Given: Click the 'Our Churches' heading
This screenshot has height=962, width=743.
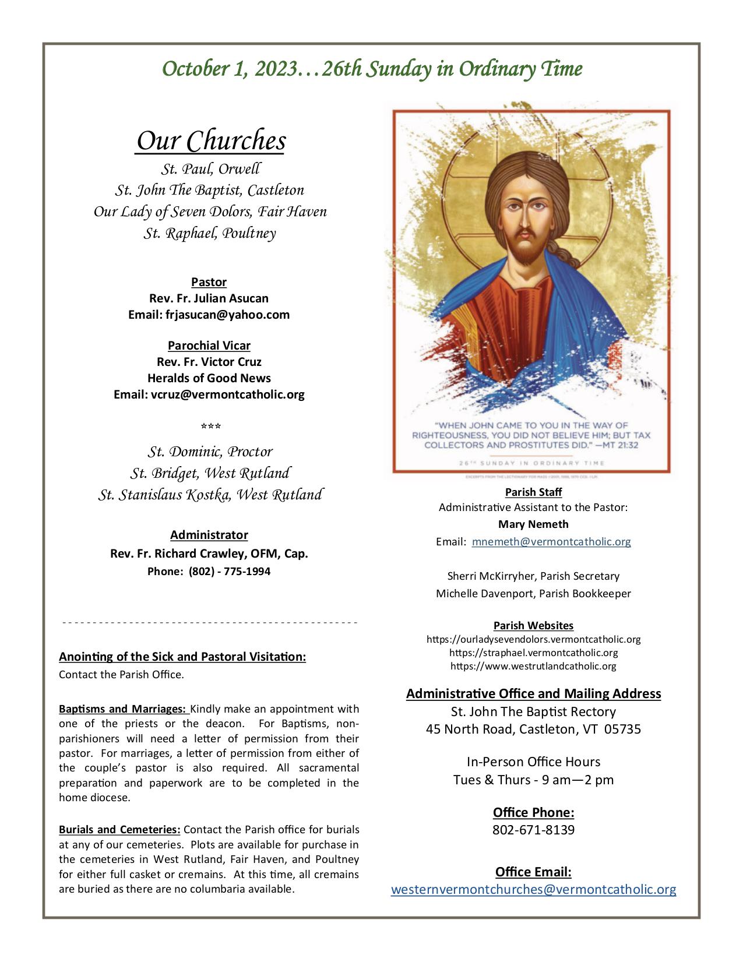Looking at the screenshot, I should (x=210, y=141).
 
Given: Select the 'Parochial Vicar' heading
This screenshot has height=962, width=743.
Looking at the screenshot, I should (x=209, y=346).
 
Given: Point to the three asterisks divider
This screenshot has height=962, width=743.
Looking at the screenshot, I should (x=210, y=427).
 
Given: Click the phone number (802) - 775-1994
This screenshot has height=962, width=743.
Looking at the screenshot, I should (x=230, y=571).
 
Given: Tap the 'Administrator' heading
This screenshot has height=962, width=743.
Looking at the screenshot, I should (x=209, y=535).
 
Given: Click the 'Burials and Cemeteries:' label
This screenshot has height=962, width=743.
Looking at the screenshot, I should (x=119, y=829).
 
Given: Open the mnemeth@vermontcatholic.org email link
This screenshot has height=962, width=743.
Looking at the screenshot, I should (x=551, y=541).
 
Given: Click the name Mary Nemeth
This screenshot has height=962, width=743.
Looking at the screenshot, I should (x=533, y=524).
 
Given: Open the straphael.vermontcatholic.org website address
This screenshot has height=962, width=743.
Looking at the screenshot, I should (x=533, y=653).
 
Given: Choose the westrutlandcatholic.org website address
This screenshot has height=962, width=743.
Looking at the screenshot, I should (x=533, y=666).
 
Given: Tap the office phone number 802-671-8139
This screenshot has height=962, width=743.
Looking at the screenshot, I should (x=533, y=829).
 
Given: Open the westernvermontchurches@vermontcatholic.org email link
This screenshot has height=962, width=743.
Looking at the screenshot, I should (x=533, y=890).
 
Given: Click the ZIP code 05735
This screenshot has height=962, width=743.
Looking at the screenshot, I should (x=623, y=729).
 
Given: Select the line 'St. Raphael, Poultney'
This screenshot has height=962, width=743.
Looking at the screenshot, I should (x=210, y=234).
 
